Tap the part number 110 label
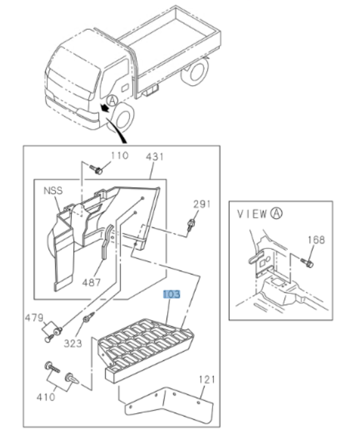(119, 155)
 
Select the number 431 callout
(155, 157)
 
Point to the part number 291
(202, 204)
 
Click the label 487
(92, 282)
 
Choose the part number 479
(33, 318)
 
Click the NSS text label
(53, 191)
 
